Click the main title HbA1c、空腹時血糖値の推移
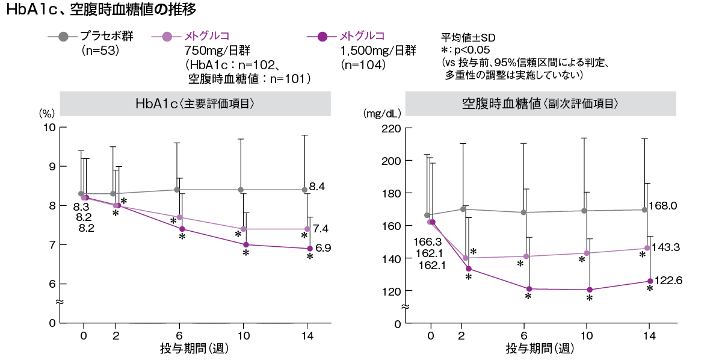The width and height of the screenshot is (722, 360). pos(100,10)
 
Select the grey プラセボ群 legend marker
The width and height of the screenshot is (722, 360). pos(63,37)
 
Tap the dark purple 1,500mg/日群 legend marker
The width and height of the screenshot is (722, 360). pos(321,37)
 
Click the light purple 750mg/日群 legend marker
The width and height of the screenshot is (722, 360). pos(167,37)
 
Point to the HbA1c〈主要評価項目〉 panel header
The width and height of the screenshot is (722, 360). pos(196,104)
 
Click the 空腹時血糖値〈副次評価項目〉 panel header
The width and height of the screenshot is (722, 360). pos(541,104)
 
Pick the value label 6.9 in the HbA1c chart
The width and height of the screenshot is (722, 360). pos(323,247)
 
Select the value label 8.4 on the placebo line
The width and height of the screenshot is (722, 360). pos(318,187)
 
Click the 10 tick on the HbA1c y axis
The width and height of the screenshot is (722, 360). pos(49,128)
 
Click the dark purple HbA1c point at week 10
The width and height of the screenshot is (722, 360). pos(245,244)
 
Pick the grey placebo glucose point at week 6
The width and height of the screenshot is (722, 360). pos(523,213)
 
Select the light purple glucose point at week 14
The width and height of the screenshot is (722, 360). pos(647,248)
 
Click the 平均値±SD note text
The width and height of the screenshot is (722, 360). pos(467,37)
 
